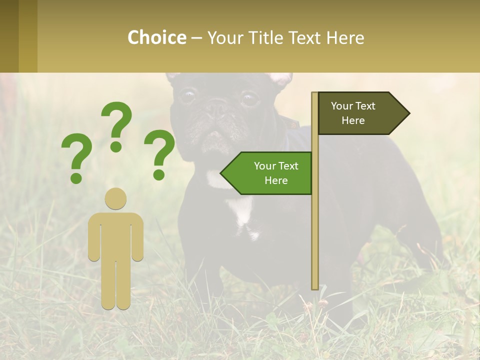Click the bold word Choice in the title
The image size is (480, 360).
(156, 37)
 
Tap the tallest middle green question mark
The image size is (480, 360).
(117, 125)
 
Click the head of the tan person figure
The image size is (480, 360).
(115, 198)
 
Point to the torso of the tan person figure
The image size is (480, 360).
(115, 235)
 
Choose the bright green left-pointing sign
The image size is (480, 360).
(270, 173)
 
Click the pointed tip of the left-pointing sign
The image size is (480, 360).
(221, 173)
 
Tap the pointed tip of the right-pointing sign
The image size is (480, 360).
(408, 113)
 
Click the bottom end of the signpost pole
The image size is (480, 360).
(315, 287)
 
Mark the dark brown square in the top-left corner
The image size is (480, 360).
(9, 36)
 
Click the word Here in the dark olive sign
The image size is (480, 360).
(353, 120)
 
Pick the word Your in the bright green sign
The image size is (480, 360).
(265, 166)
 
